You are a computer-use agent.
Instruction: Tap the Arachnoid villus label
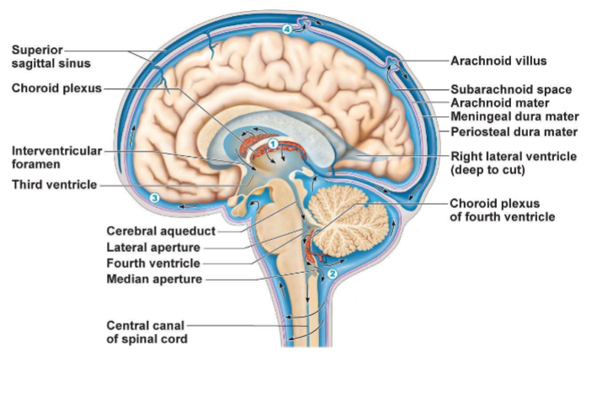pos(498,61)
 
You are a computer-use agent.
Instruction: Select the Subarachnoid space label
pos(511,88)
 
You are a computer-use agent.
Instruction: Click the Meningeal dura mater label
pos(514,117)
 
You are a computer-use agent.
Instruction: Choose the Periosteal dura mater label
pos(514,131)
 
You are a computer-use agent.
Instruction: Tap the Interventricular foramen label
pos(56,157)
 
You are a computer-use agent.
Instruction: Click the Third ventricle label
pos(54,184)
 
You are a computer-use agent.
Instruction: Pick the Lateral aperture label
pos(153,248)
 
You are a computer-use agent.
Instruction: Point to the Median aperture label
pos(154,280)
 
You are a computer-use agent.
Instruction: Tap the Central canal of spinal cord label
pos(146,332)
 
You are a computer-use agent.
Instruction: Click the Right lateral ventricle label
pos(514,163)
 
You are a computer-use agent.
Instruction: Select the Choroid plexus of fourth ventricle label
pos(502,210)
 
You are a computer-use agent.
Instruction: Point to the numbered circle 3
pos(154,197)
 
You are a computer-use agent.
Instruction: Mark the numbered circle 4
pos(287,29)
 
